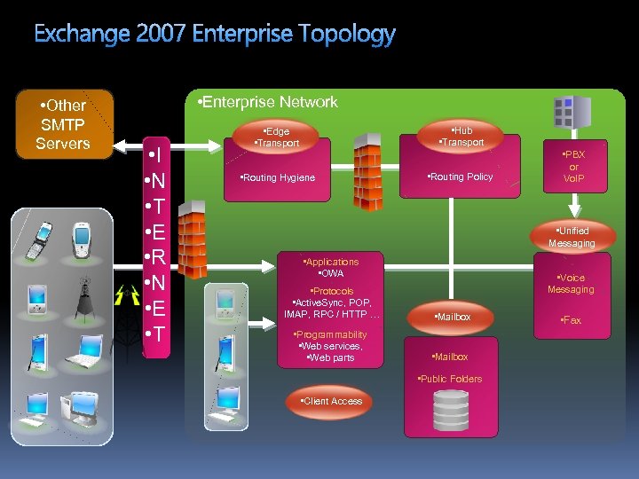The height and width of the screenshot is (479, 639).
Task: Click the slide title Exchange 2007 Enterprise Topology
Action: coord(215,35)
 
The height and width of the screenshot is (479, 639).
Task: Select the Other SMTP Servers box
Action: coord(63,124)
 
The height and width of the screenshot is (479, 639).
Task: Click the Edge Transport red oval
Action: coord(277,137)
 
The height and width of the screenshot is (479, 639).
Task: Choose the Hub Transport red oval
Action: coord(461,137)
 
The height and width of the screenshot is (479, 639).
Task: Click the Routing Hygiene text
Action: coord(278,177)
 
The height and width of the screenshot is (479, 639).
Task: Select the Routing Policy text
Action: coord(460,177)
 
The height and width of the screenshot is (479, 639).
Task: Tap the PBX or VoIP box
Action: coord(573,166)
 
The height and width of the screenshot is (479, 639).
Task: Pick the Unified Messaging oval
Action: coord(572,237)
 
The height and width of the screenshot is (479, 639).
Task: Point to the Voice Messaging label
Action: coord(571,284)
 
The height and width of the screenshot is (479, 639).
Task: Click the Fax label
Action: coord(571,320)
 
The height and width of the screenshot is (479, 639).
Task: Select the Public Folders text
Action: coord(450,379)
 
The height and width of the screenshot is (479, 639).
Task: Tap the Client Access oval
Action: coord(332,401)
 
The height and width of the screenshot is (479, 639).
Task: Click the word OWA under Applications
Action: coord(331,273)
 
